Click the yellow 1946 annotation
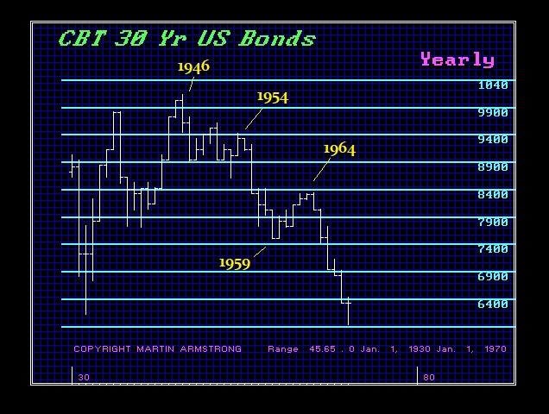pyautogui.click(x=193, y=66)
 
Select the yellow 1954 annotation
pyautogui.click(x=273, y=97)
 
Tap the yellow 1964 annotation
pyautogui.click(x=339, y=149)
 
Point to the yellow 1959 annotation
pyautogui.click(x=235, y=264)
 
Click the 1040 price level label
pyautogui.click(x=493, y=85)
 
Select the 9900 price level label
pyautogui.click(x=493, y=113)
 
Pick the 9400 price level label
pyautogui.click(x=493, y=140)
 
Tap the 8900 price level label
pyautogui.click(x=493, y=167)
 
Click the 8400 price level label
pyautogui.click(x=493, y=195)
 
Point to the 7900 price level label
pyautogui.click(x=493, y=223)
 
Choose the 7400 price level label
pyautogui.click(x=493, y=249)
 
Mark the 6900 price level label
pyautogui.click(x=493, y=277)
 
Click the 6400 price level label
pyautogui.click(x=493, y=304)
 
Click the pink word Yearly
pyautogui.click(x=457, y=60)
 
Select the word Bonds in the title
pyautogui.click(x=277, y=39)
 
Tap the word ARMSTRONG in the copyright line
pyautogui.click(x=211, y=349)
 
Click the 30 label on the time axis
pyautogui.click(x=84, y=377)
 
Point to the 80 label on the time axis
pyautogui.click(x=429, y=377)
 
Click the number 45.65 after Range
pyautogui.click(x=322, y=349)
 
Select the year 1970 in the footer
pyautogui.click(x=495, y=349)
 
